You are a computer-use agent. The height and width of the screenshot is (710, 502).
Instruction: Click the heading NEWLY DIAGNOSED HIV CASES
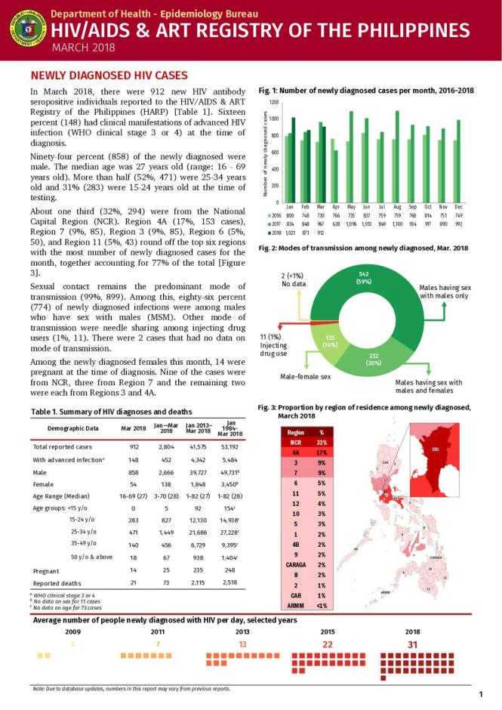[103, 76]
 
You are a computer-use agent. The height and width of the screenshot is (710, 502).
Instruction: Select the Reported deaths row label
[59, 583]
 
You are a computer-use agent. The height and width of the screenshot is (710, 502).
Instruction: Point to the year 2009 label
[72, 631]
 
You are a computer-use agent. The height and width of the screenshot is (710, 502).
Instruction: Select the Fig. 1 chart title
[365, 91]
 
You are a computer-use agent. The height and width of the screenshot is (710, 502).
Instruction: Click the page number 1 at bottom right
[480, 693]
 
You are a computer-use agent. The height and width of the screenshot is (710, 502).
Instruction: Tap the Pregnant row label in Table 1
[47, 571]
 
